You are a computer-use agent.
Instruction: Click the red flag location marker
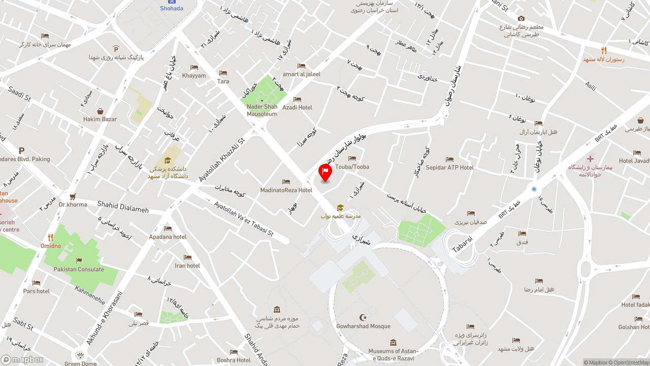pyautogui.click(x=325, y=172)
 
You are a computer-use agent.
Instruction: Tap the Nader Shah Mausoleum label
pyautogui.click(x=262, y=110)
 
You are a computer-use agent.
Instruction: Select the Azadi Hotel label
pyautogui.click(x=297, y=107)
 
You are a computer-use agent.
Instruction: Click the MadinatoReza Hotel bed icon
pyautogui.click(x=286, y=181)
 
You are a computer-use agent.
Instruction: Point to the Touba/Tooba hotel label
pyautogui.click(x=352, y=167)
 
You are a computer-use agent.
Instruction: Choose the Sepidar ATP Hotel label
pyautogui.click(x=449, y=167)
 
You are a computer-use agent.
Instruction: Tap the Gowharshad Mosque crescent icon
pyautogui.click(x=363, y=318)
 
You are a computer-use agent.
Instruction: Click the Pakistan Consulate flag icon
pyautogui.click(x=79, y=261)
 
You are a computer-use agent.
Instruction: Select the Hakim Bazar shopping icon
pyautogui.click(x=100, y=111)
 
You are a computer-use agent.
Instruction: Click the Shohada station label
pyautogui.click(x=172, y=8)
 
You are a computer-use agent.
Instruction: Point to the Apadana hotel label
pyautogui.click(x=168, y=237)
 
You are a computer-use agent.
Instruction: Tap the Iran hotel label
pyautogui.click(x=187, y=265)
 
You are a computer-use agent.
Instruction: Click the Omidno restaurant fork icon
pyautogui.click(x=50, y=237)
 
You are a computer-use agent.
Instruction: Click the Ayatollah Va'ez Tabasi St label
pyautogui.click(x=244, y=219)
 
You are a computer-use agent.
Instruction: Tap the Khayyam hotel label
pyautogui.click(x=194, y=76)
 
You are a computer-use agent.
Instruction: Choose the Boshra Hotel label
pyautogui.click(x=234, y=360)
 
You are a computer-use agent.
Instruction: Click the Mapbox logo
pyautogui.click(x=22, y=359)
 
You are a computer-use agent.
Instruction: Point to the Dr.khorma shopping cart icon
pyautogui.click(x=73, y=197)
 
